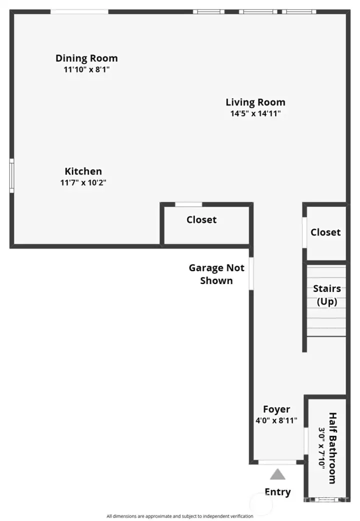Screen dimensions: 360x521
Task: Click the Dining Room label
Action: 86,58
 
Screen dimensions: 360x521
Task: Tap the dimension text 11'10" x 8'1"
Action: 86,69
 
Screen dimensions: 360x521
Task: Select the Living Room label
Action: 255,102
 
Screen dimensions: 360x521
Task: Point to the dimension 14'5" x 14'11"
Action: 255,113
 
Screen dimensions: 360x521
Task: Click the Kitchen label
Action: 83,171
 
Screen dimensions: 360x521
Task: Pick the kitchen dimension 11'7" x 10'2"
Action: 83,182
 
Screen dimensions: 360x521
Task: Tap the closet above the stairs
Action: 325,232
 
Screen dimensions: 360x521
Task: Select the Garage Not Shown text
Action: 216,274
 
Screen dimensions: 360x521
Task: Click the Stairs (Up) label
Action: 327,294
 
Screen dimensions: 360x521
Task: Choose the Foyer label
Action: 276,409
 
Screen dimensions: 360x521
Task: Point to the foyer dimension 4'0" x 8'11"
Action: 276,420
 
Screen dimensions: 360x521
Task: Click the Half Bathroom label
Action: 332,448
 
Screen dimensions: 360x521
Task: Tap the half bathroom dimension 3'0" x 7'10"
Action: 321,448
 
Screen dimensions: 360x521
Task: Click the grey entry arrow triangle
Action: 277,474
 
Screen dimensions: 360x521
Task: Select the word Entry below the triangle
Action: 277,492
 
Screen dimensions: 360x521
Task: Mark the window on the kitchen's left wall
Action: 11,175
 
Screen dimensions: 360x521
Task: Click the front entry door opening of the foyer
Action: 277,462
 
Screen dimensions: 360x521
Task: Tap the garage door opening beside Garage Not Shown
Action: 251,273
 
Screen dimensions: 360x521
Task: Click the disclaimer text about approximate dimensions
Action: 180,516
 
